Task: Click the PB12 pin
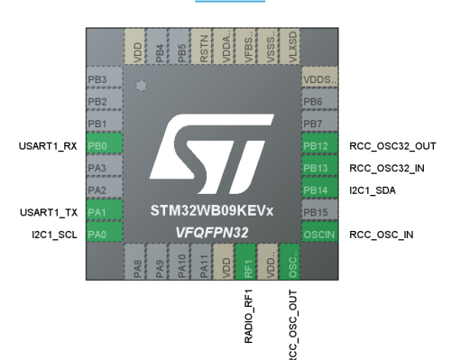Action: pos(318,145)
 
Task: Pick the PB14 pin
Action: pos(318,190)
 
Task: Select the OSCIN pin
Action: pos(318,235)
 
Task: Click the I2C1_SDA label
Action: pos(373,190)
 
